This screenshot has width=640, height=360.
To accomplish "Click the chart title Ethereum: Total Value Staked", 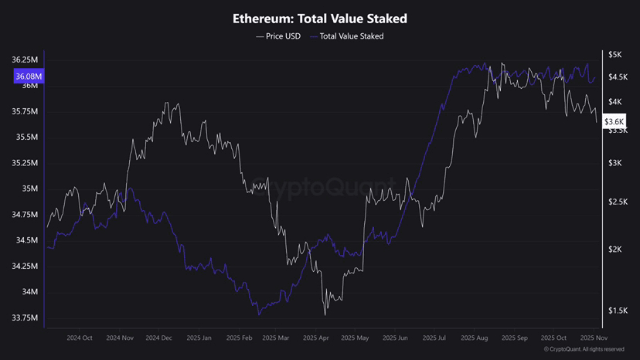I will [x=320, y=18].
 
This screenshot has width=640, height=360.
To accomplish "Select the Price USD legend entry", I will [x=278, y=36].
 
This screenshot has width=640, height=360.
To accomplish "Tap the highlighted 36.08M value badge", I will [x=28, y=76].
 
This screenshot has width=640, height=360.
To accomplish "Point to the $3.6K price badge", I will [x=614, y=121].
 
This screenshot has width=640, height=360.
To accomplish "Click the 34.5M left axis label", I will [x=27, y=240].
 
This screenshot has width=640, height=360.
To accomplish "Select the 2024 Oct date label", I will [x=80, y=338].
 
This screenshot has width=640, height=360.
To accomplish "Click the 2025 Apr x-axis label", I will [x=317, y=338].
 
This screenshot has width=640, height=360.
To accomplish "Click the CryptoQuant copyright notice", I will [x=584, y=350].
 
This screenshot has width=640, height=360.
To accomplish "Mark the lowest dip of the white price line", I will [x=325, y=314].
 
